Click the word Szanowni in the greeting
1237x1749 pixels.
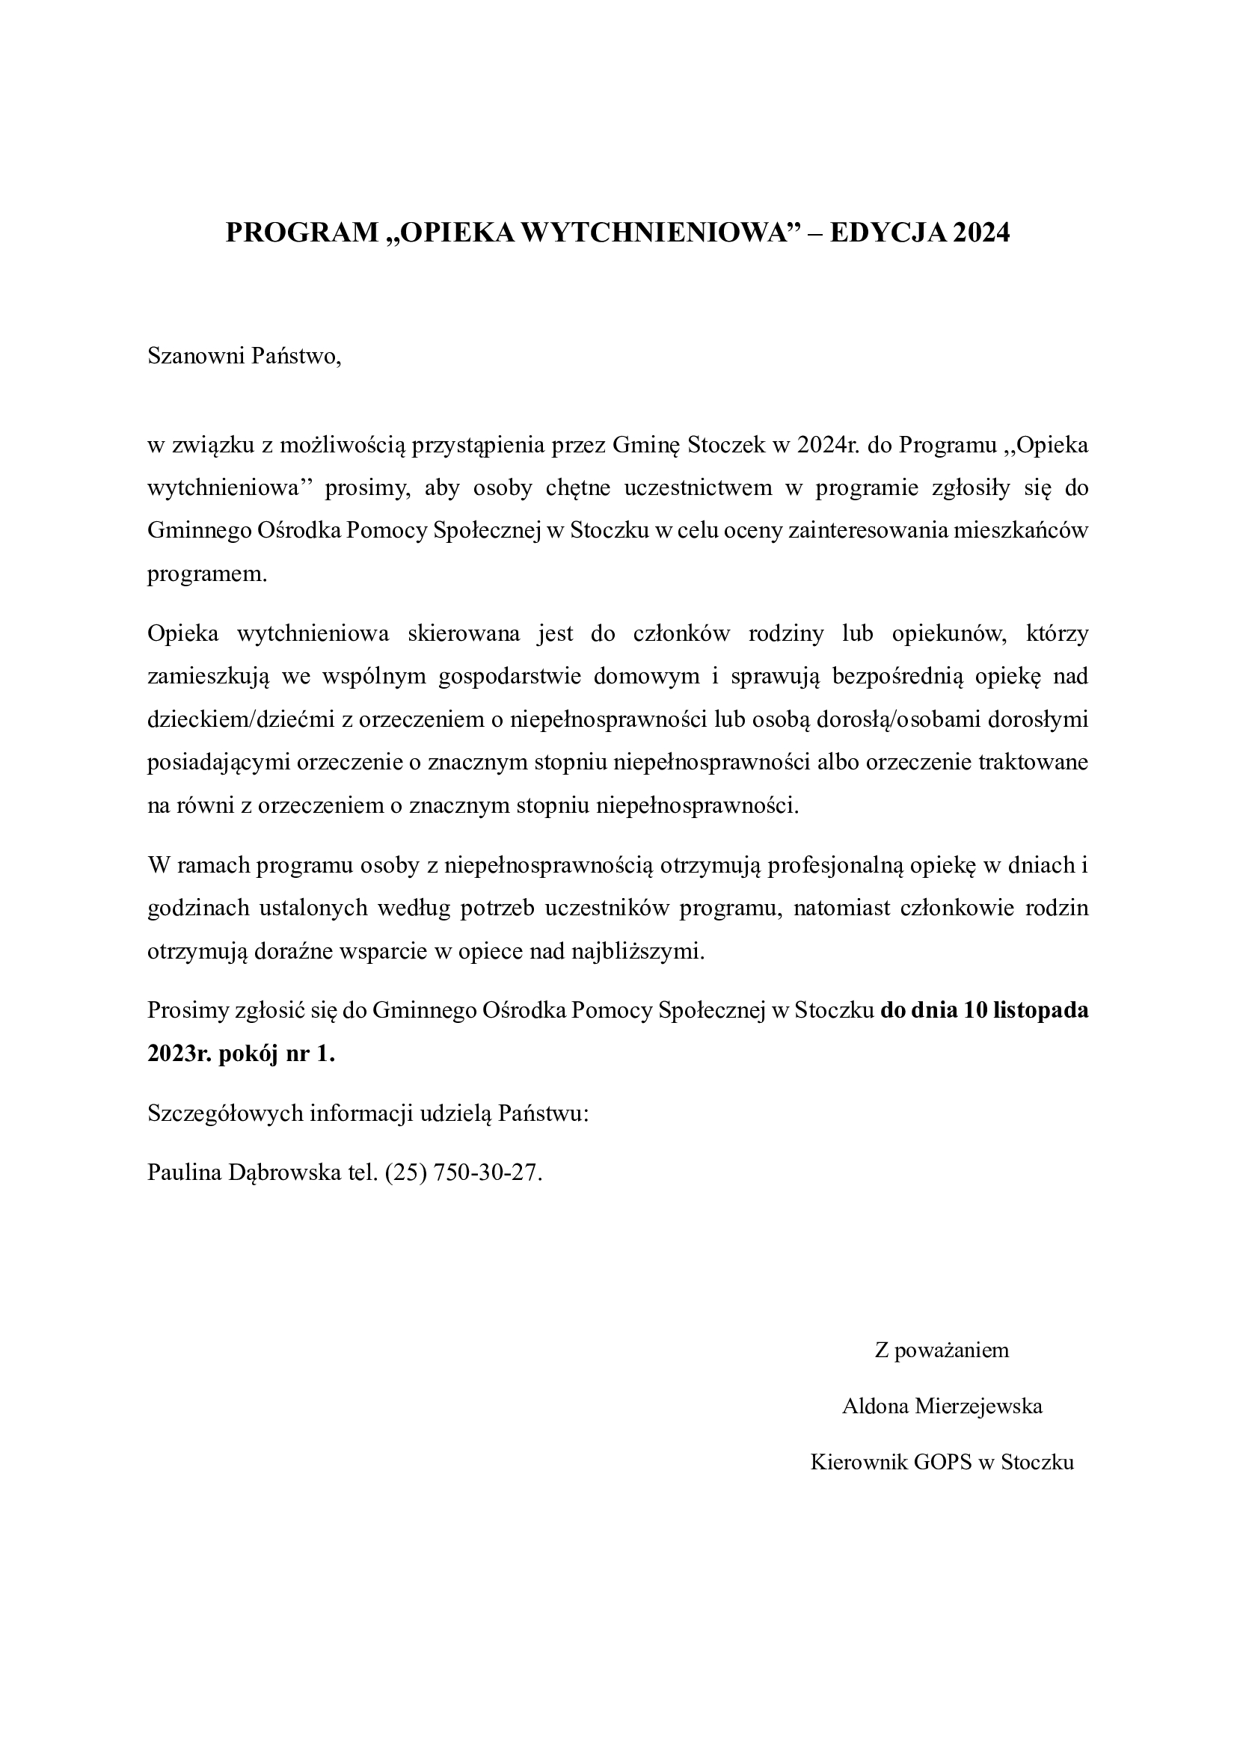click(196, 357)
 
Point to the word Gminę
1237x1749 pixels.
click(647, 446)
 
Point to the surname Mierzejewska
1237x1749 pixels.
click(979, 1407)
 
